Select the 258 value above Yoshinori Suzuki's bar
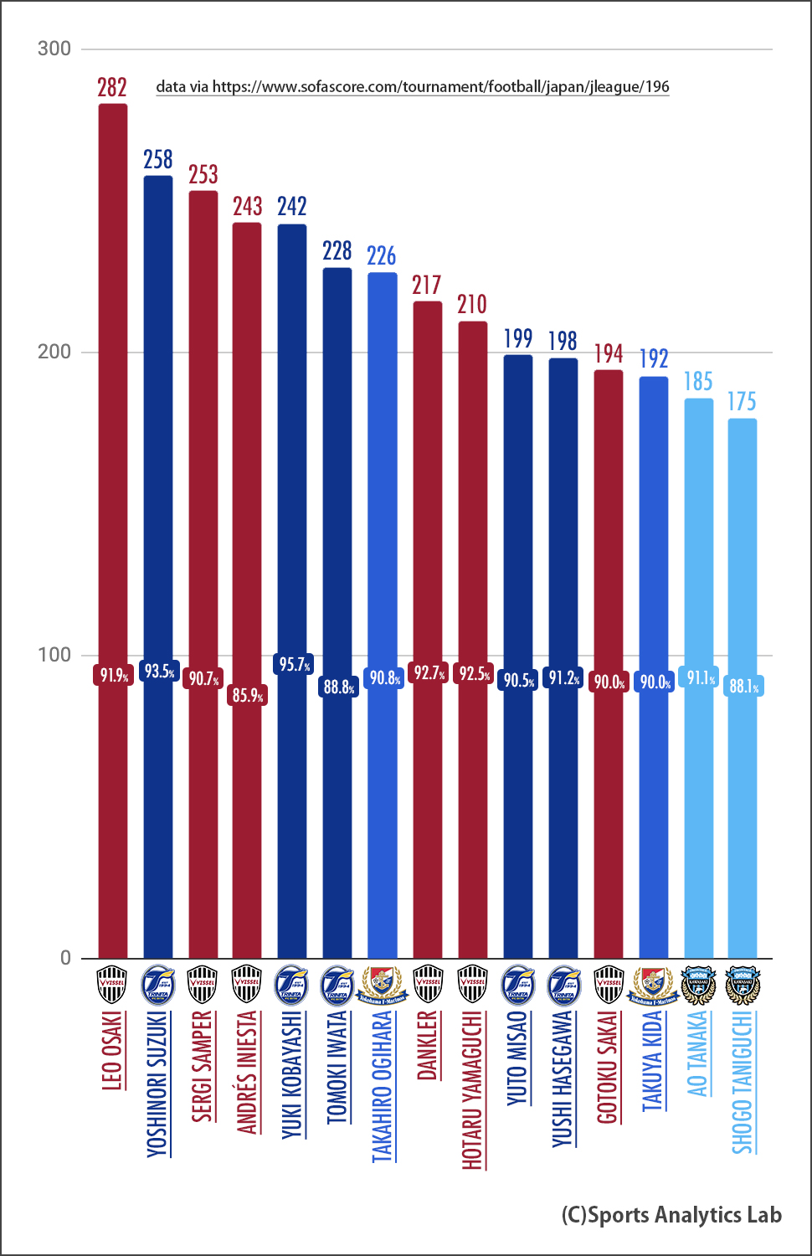(158, 159)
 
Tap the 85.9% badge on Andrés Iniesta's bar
(248, 695)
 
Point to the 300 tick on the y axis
(54, 49)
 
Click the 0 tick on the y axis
(65, 958)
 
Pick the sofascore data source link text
(413, 87)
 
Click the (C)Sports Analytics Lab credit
(671, 1215)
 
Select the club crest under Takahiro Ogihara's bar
(383, 985)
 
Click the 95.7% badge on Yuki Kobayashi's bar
(295, 665)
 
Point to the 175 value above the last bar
(742, 402)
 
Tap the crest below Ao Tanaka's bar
(698, 985)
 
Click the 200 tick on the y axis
(54, 352)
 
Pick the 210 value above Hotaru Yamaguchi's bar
(472, 304)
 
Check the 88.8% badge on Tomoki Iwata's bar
(339, 687)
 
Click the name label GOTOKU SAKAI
(608, 1067)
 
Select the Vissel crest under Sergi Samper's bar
(203, 985)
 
